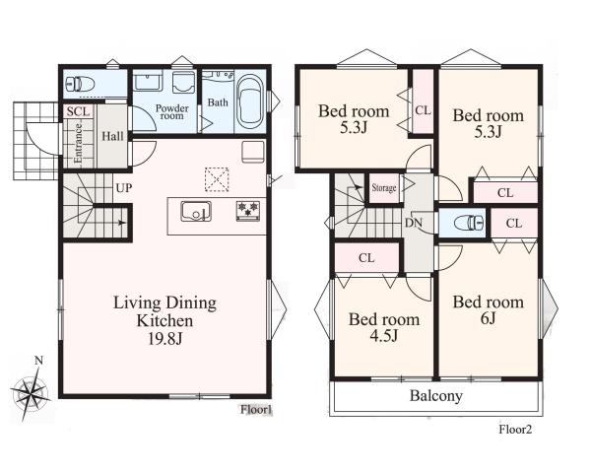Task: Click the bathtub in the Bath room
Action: click(250, 101)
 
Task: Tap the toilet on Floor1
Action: click(79, 84)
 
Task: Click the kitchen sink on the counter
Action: click(196, 212)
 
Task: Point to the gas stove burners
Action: click(248, 210)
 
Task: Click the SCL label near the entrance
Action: click(79, 111)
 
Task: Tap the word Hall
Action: click(112, 136)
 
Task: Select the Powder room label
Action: click(171, 112)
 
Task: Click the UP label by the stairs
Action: click(124, 188)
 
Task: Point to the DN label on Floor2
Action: click(414, 223)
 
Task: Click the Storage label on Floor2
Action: click(384, 188)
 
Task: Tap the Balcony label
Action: click(436, 396)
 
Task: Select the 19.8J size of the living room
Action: click(165, 339)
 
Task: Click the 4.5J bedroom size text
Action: click(384, 335)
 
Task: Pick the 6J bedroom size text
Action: click(488, 318)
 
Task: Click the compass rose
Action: click(31, 393)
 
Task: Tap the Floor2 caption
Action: click(515, 429)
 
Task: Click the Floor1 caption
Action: click(256, 410)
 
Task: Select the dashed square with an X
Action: click(217, 179)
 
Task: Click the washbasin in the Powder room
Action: click(149, 82)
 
